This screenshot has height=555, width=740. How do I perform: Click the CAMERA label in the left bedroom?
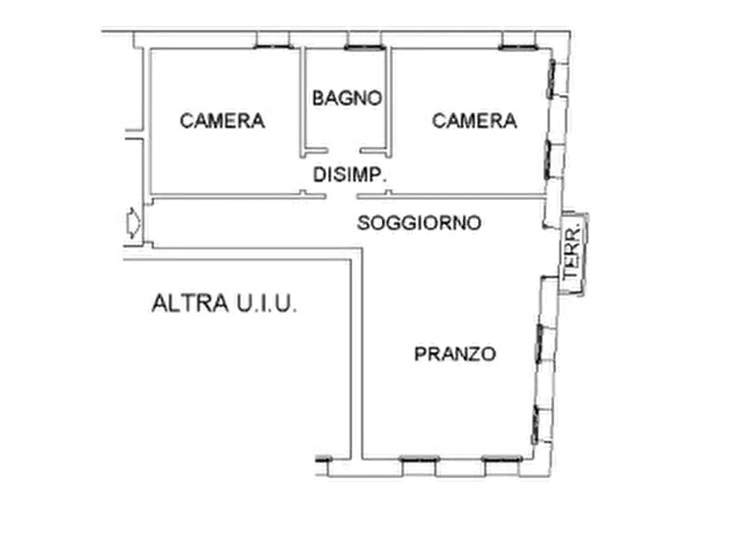point(222,121)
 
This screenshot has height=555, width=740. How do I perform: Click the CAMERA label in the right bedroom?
point(474,121)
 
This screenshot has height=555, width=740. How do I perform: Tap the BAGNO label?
point(347,99)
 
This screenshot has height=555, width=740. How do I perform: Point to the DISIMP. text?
point(351,175)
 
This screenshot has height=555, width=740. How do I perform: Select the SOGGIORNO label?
point(419,223)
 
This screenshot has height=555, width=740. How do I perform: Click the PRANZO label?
point(455,354)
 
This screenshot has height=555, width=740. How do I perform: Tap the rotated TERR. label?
point(573,253)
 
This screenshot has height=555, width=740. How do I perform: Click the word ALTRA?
point(191,303)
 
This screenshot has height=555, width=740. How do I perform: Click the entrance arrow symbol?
point(133,223)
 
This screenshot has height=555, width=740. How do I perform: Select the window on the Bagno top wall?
point(365,47)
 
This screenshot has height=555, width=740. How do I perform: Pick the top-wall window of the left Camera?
point(273,46)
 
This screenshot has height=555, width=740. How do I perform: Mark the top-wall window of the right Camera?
point(518,47)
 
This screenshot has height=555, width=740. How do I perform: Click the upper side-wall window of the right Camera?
point(551,79)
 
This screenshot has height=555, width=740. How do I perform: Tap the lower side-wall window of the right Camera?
point(548,160)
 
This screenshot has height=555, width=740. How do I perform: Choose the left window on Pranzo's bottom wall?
point(419,458)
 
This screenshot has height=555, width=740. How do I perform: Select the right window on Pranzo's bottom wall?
point(502,458)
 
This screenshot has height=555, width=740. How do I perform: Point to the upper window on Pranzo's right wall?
point(539,343)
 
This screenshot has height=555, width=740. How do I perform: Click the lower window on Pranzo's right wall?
point(534,424)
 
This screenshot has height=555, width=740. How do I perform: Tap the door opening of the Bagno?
point(344,151)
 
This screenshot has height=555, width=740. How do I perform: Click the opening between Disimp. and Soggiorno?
point(341,195)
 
